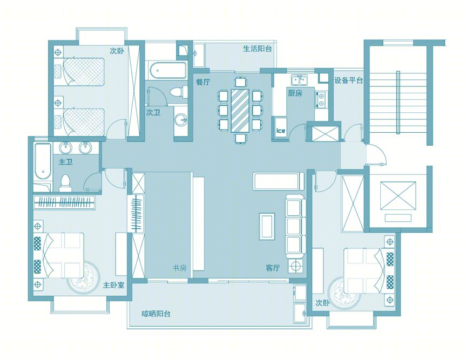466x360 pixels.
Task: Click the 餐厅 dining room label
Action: pyautogui.click(x=203, y=82)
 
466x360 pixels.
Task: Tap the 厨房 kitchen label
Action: pyautogui.click(x=295, y=93)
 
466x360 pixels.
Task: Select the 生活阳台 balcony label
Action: pyautogui.click(x=258, y=49)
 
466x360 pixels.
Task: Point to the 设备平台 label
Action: pyautogui.click(x=349, y=80)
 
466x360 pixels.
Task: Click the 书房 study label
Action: pyautogui.click(x=180, y=268)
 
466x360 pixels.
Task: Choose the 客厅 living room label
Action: pyautogui.click(x=273, y=268)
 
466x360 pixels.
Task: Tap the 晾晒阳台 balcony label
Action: pyautogui.click(x=156, y=314)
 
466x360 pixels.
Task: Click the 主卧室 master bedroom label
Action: pyautogui.click(x=113, y=285)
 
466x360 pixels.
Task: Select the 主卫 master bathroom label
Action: pyautogui.click(x=66, y=162)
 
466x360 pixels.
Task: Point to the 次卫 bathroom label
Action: pyautogui.click(x=153, y=112)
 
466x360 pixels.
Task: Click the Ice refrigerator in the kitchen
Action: pyautogui.click(x=281, y=127)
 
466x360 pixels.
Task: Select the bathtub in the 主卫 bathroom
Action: pyautogui.click(x=43, y=161)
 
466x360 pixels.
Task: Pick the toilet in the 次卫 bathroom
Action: pyautogui.click(x=179, y=92)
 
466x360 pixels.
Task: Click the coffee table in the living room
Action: pyautogui.click(x=267, y=226)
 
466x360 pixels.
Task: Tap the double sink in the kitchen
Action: pyautogui.click(x=300, y=79)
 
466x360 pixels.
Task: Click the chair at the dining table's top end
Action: pyautogui.click(x=240, y=81)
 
